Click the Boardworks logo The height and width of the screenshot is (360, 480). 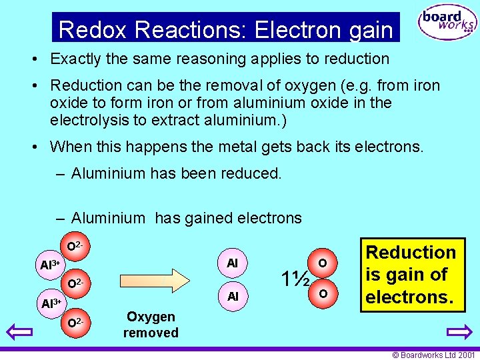pyautogui.click(x=447, y=23)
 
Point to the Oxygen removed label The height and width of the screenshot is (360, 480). pyautogui.click(x=151, y=325)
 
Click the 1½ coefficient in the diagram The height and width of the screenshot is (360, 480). pyautogui.click(x=294, y=278)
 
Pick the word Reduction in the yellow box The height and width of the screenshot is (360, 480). pyautogui.click(x=411, y=253)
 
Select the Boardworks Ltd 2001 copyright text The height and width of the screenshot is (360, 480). pyautogui.click(x=433, y=355)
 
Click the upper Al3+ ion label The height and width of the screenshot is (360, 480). pyautogui.click(x=50, y=265)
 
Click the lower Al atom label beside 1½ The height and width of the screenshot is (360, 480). pyautogui.click(x=232, y=296)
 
